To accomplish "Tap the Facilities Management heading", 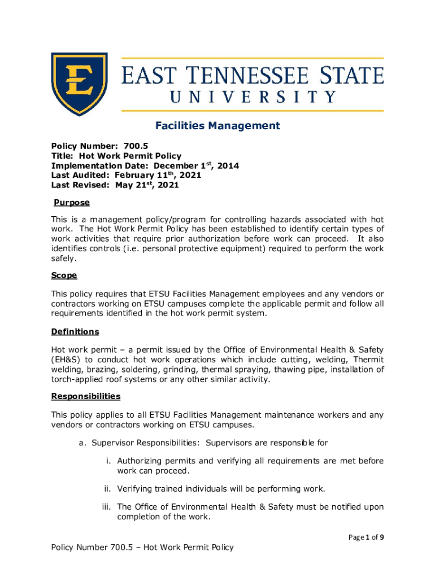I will (x=217, y=125).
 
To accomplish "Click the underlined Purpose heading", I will (x=72, y=202).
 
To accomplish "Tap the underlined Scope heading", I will (x=64, y=275).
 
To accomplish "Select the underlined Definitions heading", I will (x=75, y=331).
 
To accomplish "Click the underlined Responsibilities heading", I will (x=86, y=396).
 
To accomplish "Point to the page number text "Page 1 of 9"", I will (x=366, y=537).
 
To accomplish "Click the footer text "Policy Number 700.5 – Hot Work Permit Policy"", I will (x=142, y=547).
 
